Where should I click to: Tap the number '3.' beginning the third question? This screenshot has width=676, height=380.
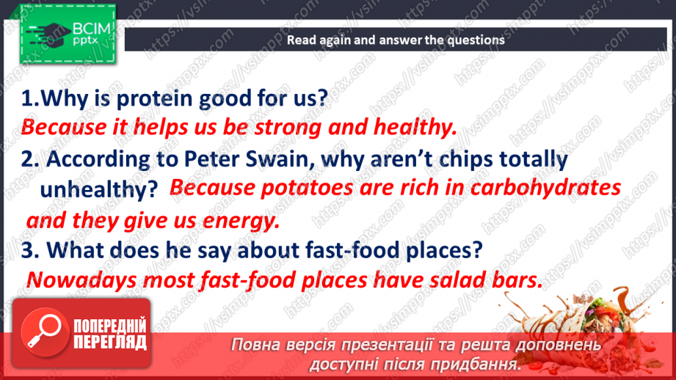(x=30, y=250)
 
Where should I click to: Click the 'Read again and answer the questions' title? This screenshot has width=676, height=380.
(x=395, y=40)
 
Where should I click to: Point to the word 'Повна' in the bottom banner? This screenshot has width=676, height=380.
(x=257, y=345)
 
